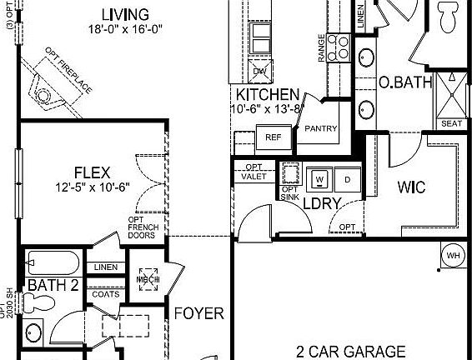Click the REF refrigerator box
[x=273, y=137]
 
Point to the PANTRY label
[x=321, y=129]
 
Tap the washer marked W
[x=319, y=179]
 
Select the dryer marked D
[x=348, y=179]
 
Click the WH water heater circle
[x=453, y=255]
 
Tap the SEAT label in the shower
[x=450, y=123]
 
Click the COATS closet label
[x=106, y=293]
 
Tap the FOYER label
[x=198, y=314]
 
